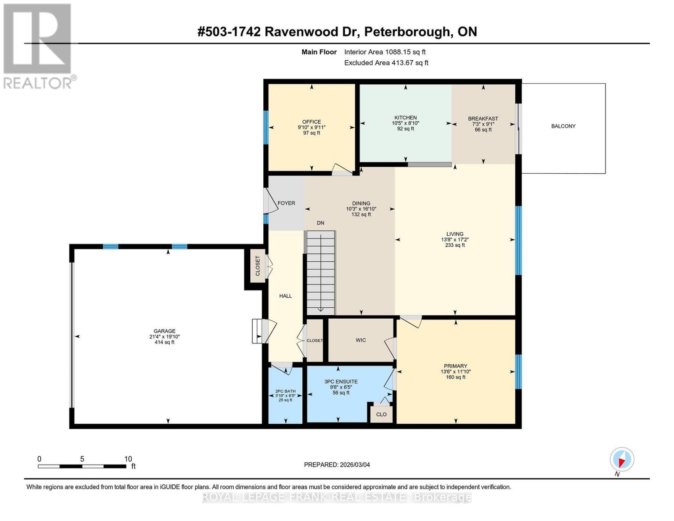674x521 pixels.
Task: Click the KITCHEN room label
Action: tap(405, 118)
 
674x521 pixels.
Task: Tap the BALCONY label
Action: tap(563, 126)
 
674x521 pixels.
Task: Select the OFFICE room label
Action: tap(311, 122)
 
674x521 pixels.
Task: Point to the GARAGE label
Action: tap(164, 331)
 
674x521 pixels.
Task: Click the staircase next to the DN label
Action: tap(321, 273)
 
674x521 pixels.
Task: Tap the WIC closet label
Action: tap(360, 340)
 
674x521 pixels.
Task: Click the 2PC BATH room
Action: tap(285, 395)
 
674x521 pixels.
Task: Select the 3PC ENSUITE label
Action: tap(341, 382)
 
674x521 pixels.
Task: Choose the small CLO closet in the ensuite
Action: tap(381, 414)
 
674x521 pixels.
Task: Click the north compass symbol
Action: tap(622, 459)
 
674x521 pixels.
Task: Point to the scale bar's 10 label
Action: tap(128, 459)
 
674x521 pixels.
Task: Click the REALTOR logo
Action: tap(38, 46)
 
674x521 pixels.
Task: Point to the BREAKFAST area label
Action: tap(483, 119)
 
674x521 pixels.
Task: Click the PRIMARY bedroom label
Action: tap(455, 366)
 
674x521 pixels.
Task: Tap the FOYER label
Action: tap(286, 203)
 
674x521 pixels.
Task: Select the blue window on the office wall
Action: tap(266, 127)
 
